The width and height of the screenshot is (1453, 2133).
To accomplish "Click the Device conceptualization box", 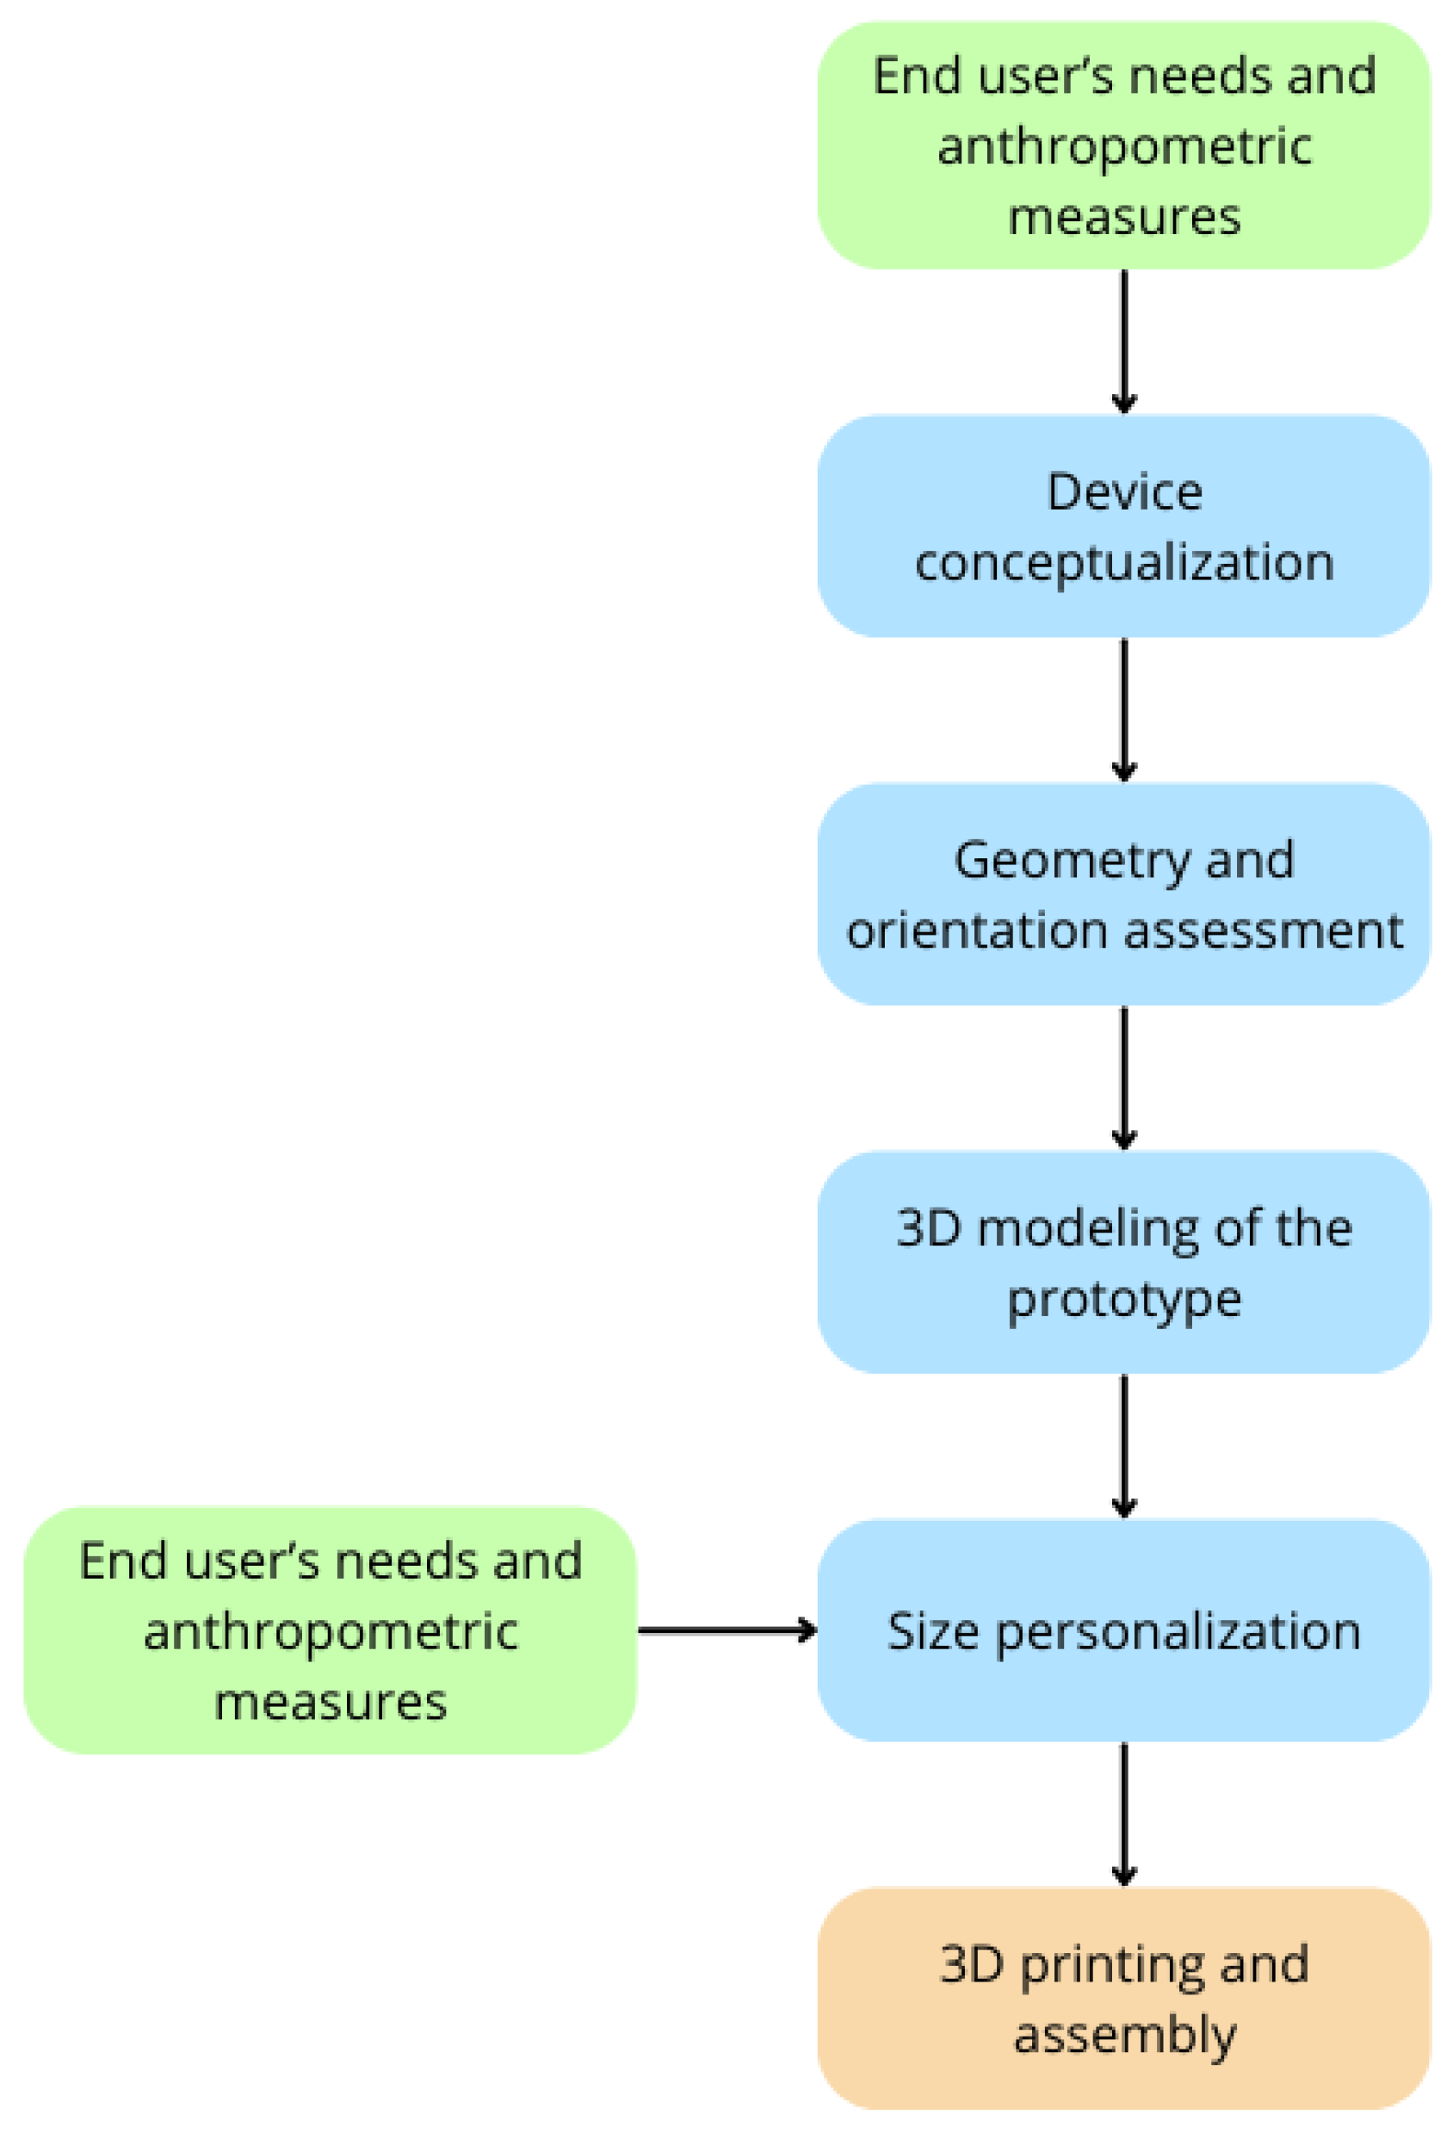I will pos(1122,527).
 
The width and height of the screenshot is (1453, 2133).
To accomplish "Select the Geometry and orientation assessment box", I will pos(1122,895).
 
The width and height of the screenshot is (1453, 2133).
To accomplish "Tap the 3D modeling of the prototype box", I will pos(1122,1263).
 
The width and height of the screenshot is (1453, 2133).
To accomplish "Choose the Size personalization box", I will pos(1122,1631).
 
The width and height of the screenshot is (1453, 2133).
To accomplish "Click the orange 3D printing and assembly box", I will pos(1122,2000).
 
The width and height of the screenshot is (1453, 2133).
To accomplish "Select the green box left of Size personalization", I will pos(330,1631).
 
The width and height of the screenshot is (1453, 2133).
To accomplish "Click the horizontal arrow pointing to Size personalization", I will pos(726,1631).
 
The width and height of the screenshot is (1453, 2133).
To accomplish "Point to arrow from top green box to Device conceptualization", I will pos(1123,342).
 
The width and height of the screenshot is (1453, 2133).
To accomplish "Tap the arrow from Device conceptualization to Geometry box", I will pos(1123,709).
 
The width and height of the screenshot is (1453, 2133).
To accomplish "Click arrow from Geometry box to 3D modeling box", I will pos(1123,1078).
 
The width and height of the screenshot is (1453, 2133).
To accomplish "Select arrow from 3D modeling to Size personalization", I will pos(1123,1445).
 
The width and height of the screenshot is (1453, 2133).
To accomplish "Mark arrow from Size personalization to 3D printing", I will pos(1123,1815).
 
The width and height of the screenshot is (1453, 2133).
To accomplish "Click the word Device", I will pos(1123,493).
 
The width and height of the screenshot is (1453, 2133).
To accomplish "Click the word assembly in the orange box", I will pos(1123,2036).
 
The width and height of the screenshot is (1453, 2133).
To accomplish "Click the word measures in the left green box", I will pos(330,1703).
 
